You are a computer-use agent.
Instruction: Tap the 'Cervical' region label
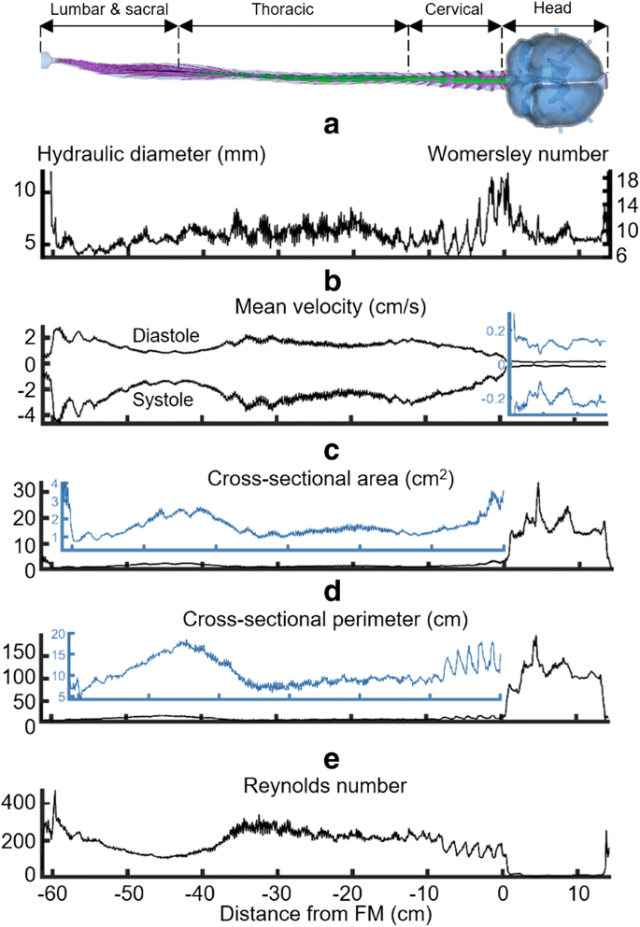[454, 10]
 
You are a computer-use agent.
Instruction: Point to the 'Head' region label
[555, 10]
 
